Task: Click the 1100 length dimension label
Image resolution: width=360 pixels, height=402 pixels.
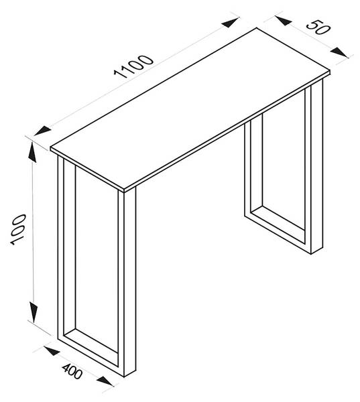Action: coord(133,66)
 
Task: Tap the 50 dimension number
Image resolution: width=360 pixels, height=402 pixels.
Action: coord(318,27)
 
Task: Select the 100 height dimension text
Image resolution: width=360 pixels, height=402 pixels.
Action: coord(18,230)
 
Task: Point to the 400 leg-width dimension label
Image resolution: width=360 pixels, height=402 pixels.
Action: coord(72,371)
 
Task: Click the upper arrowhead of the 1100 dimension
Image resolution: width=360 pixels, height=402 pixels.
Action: coord(230,22)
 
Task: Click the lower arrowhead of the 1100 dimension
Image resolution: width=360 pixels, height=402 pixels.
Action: coord(42,131)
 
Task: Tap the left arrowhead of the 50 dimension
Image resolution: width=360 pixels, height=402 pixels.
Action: coord(284,21)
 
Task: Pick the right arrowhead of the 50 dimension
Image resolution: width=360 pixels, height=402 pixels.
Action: coord(339,52)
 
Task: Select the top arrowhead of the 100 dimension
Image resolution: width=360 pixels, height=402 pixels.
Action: coord(33,152)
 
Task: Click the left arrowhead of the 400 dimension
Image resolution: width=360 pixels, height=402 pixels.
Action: coord(52,350)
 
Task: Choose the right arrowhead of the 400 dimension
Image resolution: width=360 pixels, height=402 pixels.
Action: coord(105,381)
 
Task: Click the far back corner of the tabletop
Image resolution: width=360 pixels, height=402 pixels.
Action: coord(257,28)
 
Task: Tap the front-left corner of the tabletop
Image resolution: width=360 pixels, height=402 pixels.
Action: coord(51,147)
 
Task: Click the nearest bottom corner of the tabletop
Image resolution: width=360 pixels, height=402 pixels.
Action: coord(125,192)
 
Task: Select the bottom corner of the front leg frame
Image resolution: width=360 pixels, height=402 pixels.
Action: coord(125,377)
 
